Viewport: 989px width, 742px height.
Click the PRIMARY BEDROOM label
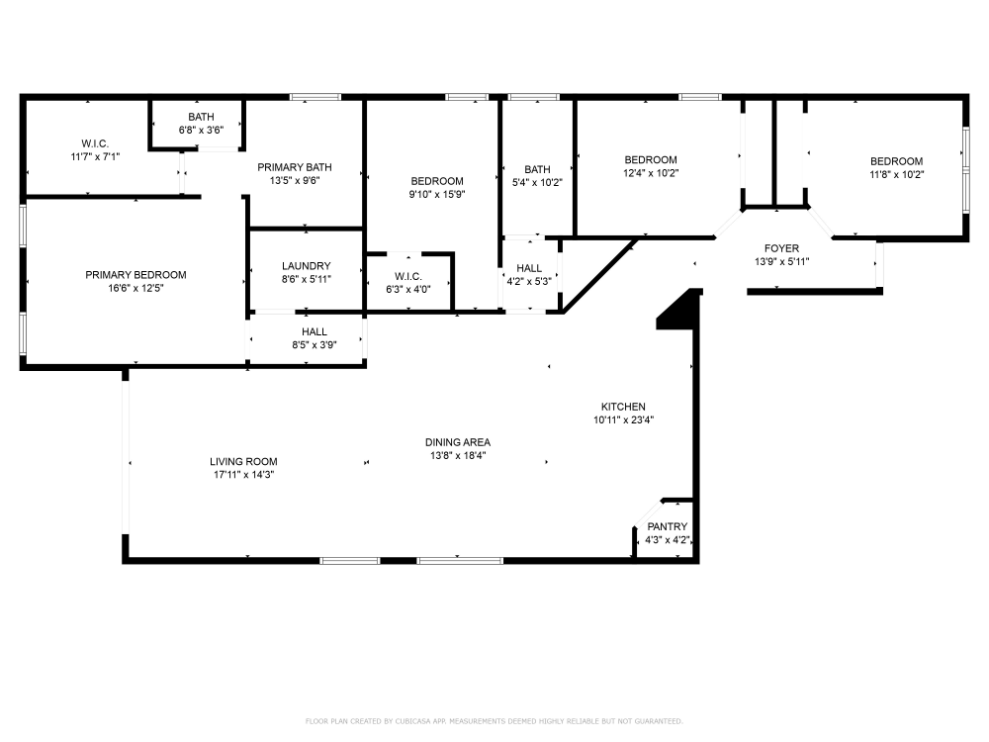135,275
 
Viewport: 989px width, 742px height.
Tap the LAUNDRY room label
306,266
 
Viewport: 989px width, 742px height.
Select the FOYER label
781,248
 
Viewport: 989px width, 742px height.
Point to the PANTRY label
668,527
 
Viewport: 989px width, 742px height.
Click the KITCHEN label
623,407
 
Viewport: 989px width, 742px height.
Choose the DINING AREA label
457,442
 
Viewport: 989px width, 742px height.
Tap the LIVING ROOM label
243,461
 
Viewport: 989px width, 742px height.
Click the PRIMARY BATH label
295,167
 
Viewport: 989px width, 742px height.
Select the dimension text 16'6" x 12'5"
135,288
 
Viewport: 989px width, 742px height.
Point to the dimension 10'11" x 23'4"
623,420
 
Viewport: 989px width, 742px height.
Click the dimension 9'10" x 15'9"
437,195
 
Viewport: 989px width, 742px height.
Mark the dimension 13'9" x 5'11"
781,262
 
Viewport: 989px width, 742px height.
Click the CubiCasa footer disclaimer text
494,721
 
